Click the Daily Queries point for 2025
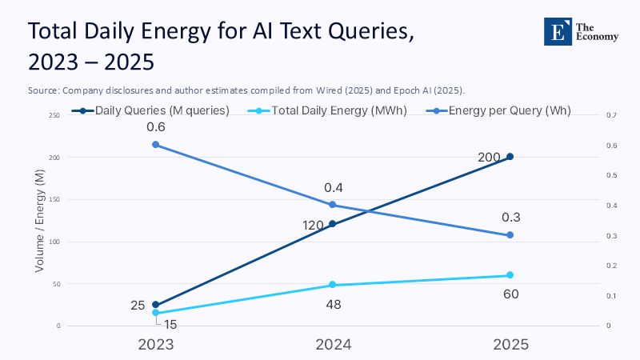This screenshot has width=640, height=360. click(x=510, y=157)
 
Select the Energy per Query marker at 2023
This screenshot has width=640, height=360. click(x=155, y=145)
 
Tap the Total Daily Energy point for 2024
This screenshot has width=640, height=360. click(x=333, y=285)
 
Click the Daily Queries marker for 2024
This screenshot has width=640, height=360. click(x=333, y=224)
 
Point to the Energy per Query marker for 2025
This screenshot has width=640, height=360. click(x=510, y=235)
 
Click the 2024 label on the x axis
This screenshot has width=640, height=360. click(x=333, y=344)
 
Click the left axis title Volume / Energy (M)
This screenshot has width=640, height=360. click(x=40, y=221)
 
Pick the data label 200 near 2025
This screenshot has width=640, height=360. click(x=489, y=157)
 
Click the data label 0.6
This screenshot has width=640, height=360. click(x=155, y=126)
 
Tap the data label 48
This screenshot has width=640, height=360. click(x=333, y=304)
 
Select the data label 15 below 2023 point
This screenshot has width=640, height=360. click(x=170, y=324)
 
